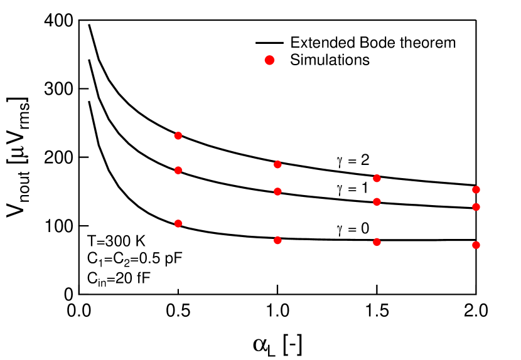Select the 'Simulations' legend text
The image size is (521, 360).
point(330,60)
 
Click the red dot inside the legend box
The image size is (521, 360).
point(269,60)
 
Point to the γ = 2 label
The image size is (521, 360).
point(353,161)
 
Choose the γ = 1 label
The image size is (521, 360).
point(353,187)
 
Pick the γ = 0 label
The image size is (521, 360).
point(353,229)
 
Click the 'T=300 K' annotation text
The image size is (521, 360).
point(116,241)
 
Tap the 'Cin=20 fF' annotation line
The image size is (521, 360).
point(119,279)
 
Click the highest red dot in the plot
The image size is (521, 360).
point(178,135)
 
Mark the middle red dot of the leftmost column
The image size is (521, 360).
point(178,170)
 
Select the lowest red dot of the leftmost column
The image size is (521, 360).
point(178,223)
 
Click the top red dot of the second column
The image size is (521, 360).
point(277,164)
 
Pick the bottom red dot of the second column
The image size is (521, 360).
point(277,240)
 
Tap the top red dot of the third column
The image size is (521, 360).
point(377,178)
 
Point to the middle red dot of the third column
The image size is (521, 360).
point(377,201)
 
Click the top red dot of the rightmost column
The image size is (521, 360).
point(476,189)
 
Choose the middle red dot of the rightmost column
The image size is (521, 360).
point(476,207)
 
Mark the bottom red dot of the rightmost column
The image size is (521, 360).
point(476,245)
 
